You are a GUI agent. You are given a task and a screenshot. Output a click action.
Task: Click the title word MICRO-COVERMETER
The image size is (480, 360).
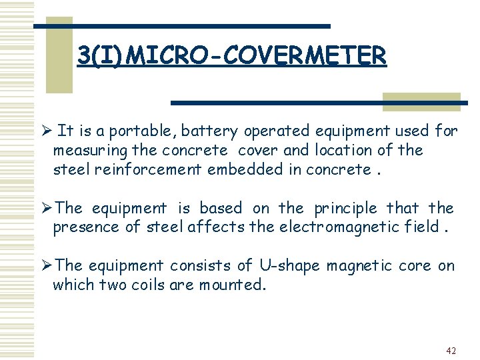click(x=256, y=56)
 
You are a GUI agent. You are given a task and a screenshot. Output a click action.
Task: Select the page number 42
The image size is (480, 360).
click(x=451, y=351)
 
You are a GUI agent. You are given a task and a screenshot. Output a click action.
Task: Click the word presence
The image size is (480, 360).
click(x=83, y=227)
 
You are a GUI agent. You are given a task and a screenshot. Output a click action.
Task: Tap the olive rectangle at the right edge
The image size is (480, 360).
click(x=421, y=100)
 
